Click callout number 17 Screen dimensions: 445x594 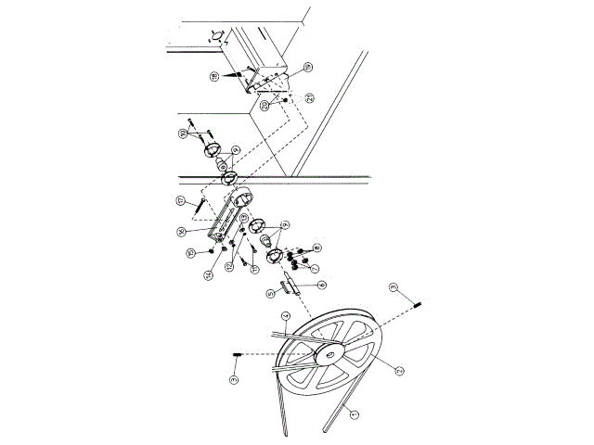tap(181, 200)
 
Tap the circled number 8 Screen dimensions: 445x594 tap(317, 248)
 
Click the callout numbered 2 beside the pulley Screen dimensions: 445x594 tap(373, 371)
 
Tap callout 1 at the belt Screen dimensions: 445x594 tap(352, 416)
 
